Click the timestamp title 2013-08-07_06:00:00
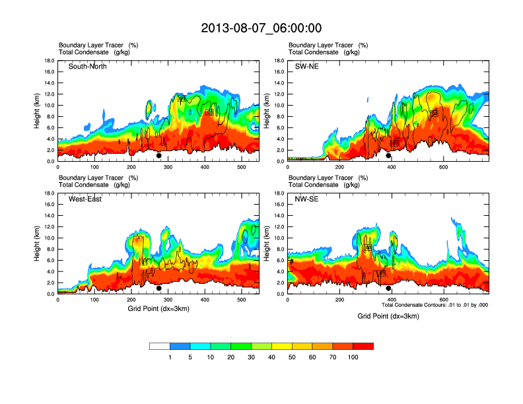point(261,28)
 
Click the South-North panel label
point(88,67)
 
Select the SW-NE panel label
point(306,67)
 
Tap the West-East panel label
point(85,199)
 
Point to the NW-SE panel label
point(306,199)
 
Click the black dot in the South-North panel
point(158,156)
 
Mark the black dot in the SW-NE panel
point(388,156)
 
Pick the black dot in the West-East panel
point(158,288)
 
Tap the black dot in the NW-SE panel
point(388,288)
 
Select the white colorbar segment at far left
point(160,346)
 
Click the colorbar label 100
point(353,357)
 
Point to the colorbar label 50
point(292,357)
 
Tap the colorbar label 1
point(170,357)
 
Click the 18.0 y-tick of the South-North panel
point(49,61)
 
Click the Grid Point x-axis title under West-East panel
point(158,308)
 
